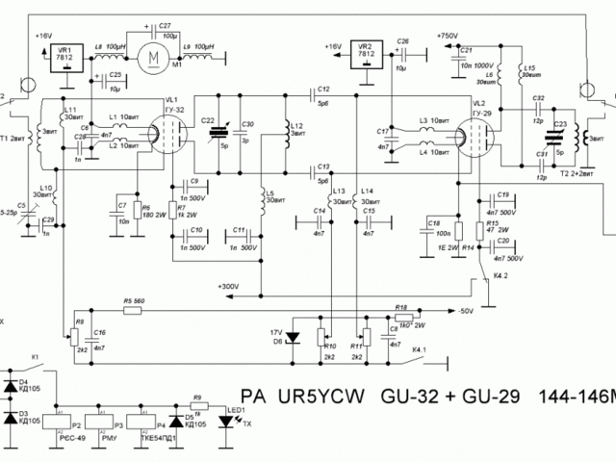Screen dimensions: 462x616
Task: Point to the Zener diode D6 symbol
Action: click(x=295, y=337)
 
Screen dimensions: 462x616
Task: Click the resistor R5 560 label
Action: click(x=132, y=301)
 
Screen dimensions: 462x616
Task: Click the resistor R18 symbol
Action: click(x=404, y=313)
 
